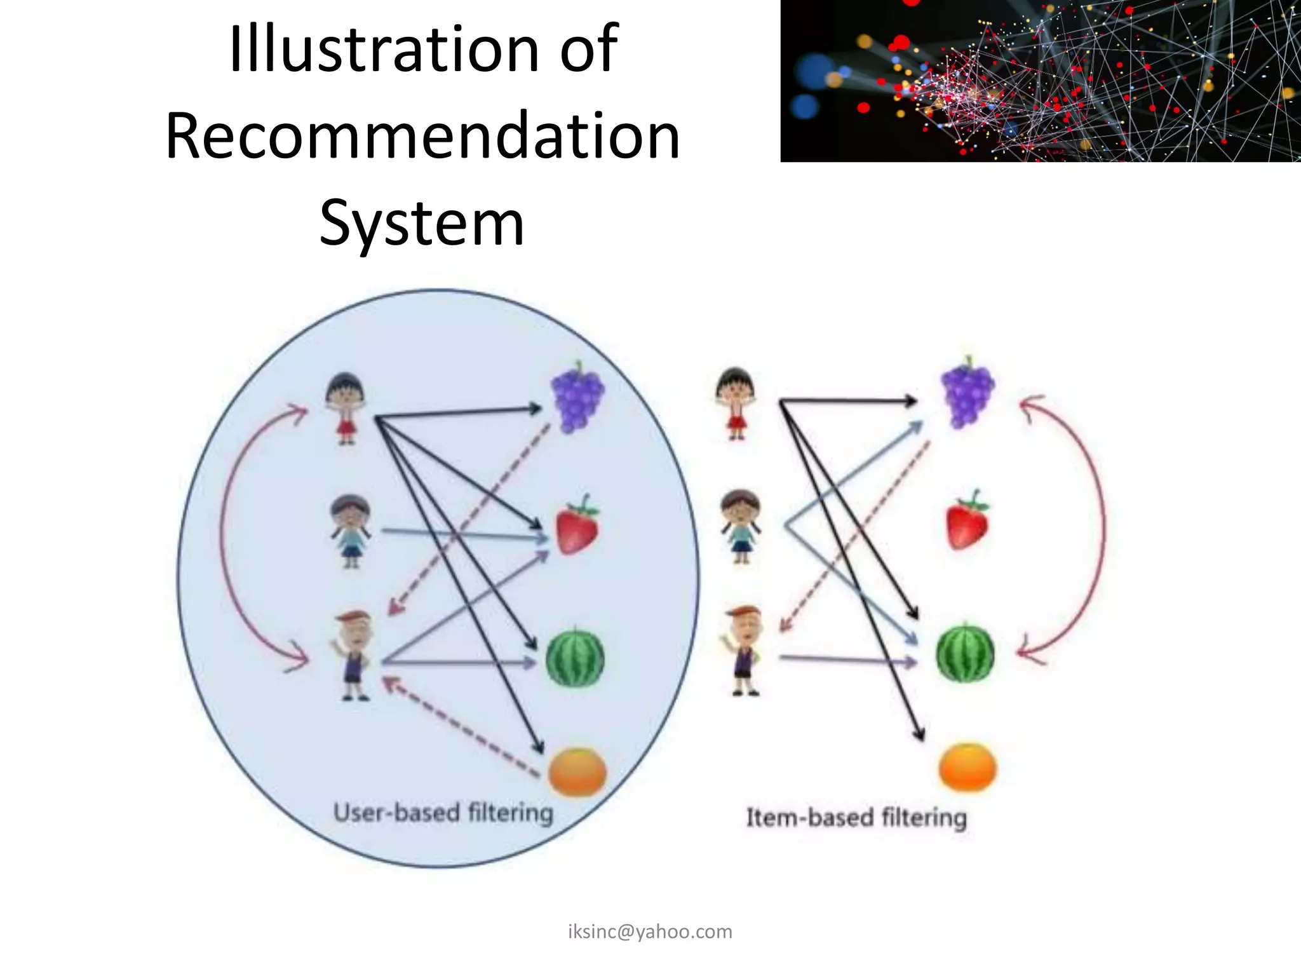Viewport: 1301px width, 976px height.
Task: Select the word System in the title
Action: click(x=422, y=222)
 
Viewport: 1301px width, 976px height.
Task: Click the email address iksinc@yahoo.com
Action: click(x=650, y=932)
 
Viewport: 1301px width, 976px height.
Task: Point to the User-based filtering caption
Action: click(x=443, y=813)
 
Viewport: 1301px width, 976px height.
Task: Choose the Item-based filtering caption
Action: click(x=856, y=817)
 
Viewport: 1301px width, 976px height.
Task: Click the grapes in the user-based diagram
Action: click(x=577, y=396)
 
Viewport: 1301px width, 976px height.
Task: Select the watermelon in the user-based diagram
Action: click(x=576, y=657)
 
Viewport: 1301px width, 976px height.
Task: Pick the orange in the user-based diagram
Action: click(x=577, y=771)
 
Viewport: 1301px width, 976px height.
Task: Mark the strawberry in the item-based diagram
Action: click(x=967, y=520)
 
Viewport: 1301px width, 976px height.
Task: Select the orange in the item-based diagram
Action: click(x=967, y=767)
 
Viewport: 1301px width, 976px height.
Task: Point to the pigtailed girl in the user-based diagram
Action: click(x=351, y=531)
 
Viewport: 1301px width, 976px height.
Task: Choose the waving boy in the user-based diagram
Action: click(x=353, y=655)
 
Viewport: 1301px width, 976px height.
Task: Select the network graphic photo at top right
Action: click(x=1040, y=81)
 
